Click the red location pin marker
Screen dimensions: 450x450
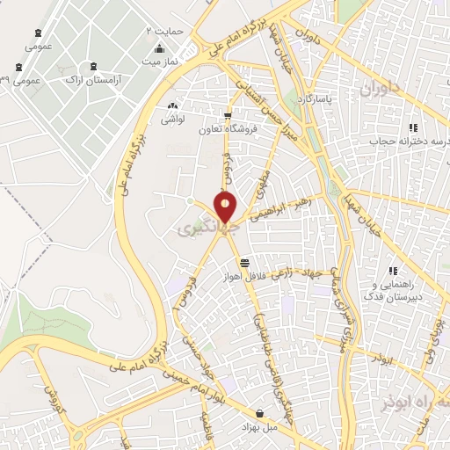point(226,207)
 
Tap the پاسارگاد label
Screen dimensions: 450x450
point(317,101)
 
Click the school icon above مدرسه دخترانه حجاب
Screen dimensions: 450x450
point(413,127)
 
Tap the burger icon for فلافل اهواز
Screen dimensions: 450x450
point(243,263)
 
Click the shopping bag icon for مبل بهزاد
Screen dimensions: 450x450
point(259,412)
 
